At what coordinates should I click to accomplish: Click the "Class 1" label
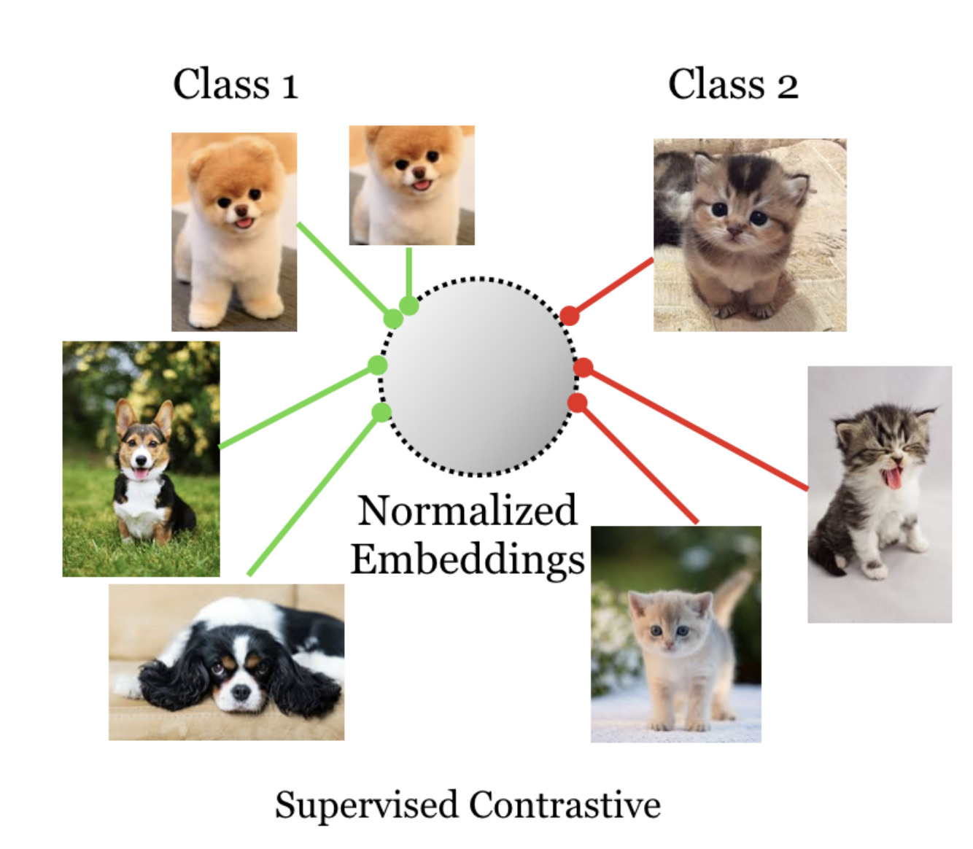click(235, 85)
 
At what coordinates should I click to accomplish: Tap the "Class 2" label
click(732, 85)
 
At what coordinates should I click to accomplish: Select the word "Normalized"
click(467, 511)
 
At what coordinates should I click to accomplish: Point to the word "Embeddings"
click(467, 560)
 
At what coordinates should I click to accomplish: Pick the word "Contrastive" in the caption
click(565, 805)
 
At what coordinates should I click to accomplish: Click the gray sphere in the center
click(478, 376)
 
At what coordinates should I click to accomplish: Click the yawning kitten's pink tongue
click(891, 478)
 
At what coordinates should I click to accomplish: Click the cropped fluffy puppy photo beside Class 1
click(411, 185)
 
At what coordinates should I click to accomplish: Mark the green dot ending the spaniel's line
click(381, 413)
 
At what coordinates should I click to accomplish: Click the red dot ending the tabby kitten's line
click(569, 316)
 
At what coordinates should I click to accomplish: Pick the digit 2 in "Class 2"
click(787, 87)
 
